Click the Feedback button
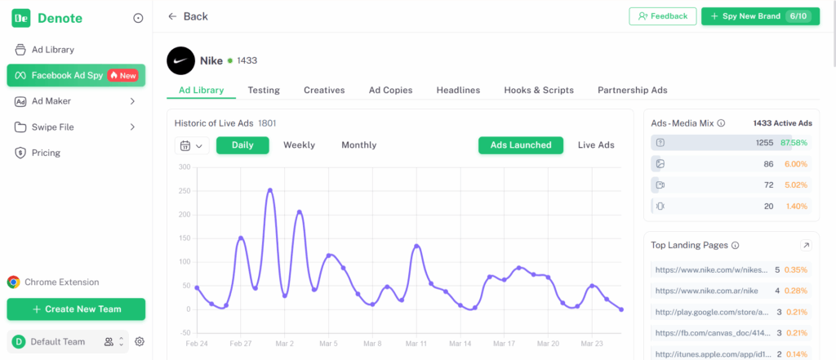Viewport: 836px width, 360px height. (x=663, y=16)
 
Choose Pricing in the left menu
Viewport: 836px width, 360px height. (x=46, y=153)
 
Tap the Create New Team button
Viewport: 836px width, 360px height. (x=76, y=309)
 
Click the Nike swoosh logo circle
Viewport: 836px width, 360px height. (x=180, y=60)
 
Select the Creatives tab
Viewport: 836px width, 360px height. (x=324, y=90)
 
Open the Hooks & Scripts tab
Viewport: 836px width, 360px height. (x=539, y=90)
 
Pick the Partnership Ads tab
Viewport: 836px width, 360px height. (x=633, y=90)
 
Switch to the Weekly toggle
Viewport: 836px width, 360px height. (x=299, y=145)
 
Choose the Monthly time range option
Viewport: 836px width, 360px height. (x=358, y=145)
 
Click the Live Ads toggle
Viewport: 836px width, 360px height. (x=596, y=145)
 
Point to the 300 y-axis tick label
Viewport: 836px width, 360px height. (x=184, y=167)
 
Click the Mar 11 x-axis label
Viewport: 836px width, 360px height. (x=416, y=344)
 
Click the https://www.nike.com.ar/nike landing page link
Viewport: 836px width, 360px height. (x=708, y=291)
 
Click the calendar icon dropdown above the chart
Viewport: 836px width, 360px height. (x=191, y=146)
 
